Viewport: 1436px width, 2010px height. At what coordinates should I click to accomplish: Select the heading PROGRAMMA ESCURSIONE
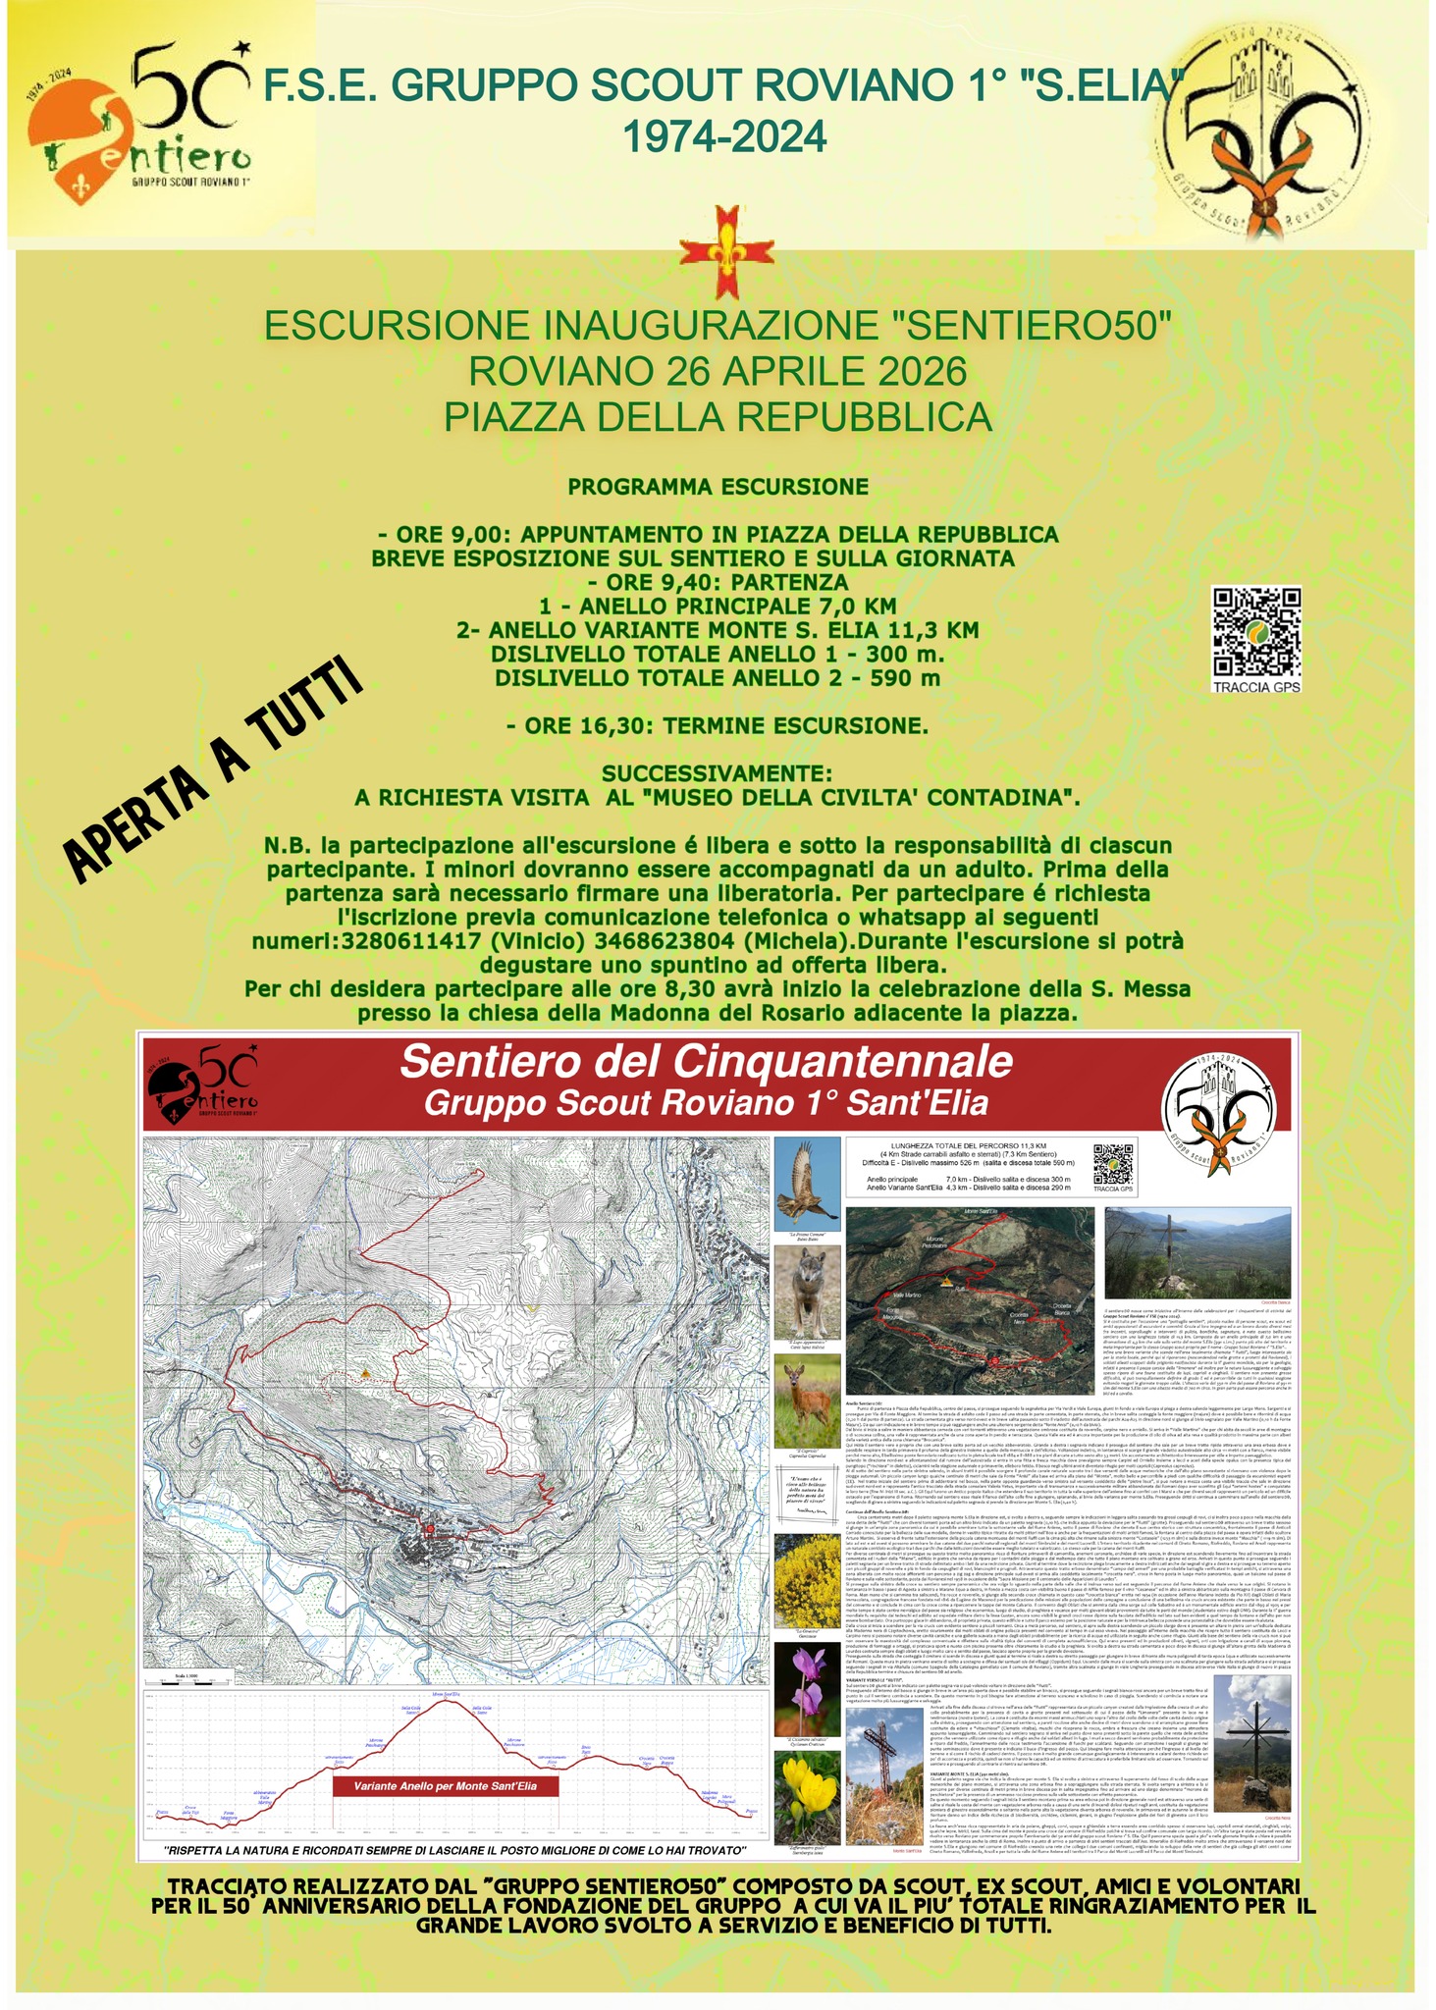point(718,487)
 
